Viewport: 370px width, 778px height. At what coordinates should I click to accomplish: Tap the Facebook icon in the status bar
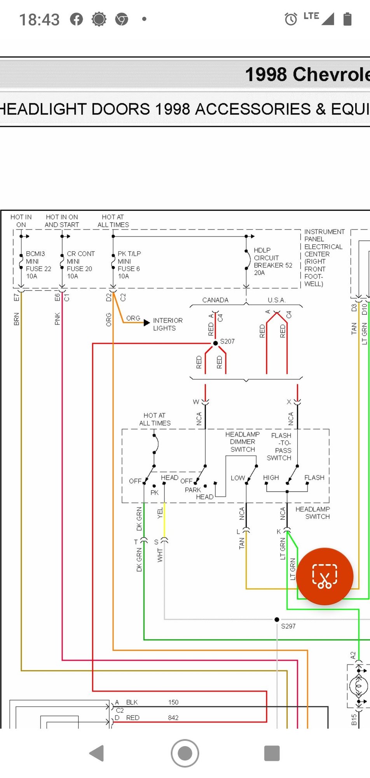[x=77, y=19]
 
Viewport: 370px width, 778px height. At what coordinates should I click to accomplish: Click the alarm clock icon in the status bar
[x=291, y=19]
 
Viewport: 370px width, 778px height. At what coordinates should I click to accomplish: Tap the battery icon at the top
[x=347, y=19]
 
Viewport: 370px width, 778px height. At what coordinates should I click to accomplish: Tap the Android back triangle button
[x=97, y=753]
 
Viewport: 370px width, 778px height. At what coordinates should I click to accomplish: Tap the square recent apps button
[x=272, y=753]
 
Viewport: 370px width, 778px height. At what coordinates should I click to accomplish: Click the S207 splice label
[x=227, y=341]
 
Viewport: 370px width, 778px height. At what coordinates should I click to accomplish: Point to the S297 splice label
[x=288, y=626]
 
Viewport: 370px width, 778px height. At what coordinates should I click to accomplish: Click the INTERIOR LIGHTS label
[x=168, y=324]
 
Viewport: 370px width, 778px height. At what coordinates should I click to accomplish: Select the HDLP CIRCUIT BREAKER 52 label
[x=273, y=261]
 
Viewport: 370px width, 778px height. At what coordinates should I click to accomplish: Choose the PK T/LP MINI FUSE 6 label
[x=129, y=265]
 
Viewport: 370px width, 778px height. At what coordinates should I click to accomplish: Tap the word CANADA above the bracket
[x=215, y=300]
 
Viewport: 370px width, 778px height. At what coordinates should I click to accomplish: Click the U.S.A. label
[x=276, y=300]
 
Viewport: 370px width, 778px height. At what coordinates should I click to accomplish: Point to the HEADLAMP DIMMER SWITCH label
[x=243, y=442]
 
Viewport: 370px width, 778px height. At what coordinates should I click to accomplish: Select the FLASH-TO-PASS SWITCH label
[x=280, y=447]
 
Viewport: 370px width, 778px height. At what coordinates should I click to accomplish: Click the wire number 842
[x=173, y=718]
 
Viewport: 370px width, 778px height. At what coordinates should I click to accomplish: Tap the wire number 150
[x=173, y=702]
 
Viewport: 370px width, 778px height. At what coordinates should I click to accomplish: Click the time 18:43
[x=39, y=19]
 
